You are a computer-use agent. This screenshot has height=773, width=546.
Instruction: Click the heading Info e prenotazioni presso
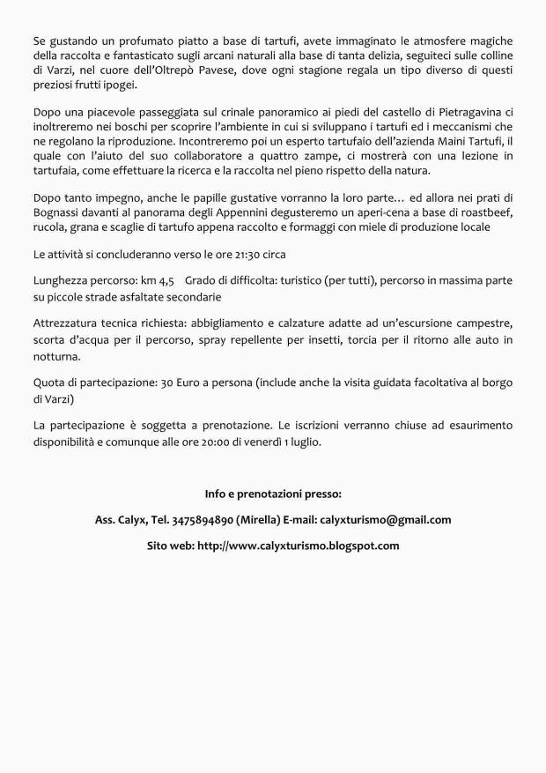click(273, 493)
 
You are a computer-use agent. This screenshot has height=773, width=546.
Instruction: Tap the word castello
click(380, 112)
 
